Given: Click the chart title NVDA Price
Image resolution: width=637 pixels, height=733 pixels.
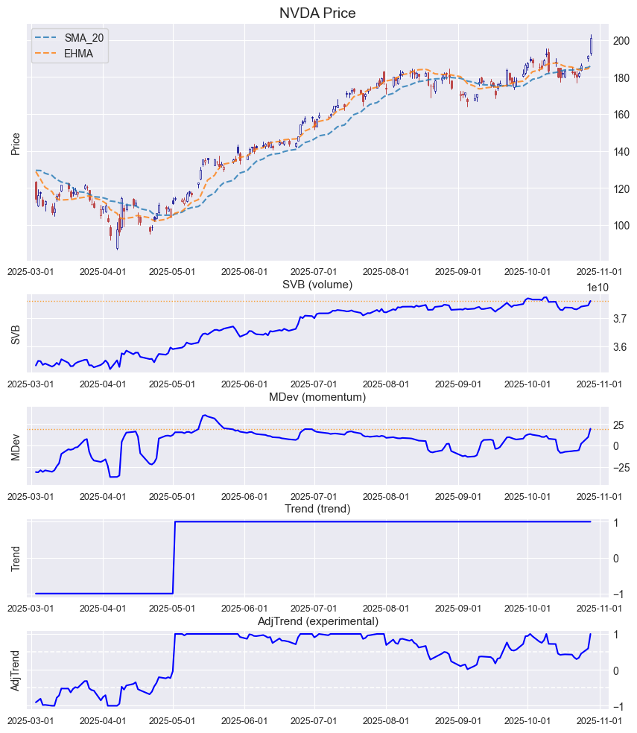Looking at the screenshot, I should pyautogui.click(x=317, y=13).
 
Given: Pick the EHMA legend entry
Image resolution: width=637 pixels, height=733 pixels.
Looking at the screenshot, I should pyautogui.click(x=78, y=54).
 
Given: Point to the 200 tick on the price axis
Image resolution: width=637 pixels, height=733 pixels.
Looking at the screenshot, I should pyautogui.click(x=621, y=41).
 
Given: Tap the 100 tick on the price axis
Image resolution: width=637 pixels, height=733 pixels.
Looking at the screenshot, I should pyautogui.click(x=621, y=226).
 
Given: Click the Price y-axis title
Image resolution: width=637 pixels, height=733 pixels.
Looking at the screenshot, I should pyautogui.click(x=16, y=144).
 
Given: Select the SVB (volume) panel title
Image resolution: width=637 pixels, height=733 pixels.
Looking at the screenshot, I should pyautogui.click(x=317, y=285).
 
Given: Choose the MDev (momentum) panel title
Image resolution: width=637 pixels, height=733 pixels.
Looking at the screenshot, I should pyautogui.click(x=317, y=397).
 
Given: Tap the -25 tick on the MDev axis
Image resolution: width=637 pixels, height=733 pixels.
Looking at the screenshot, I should pyautogui.click(x=620, y=468).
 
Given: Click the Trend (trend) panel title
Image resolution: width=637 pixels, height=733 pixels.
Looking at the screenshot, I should pyautogui.click(x=317, y=509).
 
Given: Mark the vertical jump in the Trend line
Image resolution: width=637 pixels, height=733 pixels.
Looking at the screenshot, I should pyautogui.click(x=174, y=557).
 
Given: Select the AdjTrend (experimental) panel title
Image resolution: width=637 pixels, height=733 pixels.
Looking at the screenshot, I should pyautogui.click(x=317, y=621).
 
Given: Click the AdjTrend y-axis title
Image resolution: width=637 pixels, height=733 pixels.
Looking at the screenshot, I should pyautogui.click(x=16, y=670).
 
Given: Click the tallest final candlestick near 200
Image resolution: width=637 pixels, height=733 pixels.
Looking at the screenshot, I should pyautogui.click(x=591, y=44).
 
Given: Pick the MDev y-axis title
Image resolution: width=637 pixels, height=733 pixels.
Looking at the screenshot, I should pyautogui.click(x=16, y=445).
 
